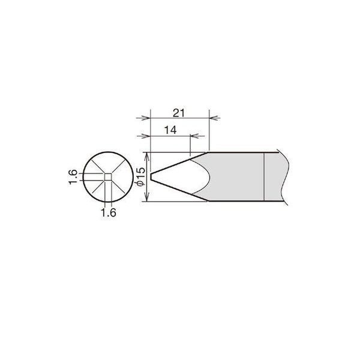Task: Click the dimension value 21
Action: [179, 113]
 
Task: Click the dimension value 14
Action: [170, 130]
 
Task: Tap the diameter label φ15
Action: [141, 176]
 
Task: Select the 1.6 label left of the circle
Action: [73, 177]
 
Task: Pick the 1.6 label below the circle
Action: [109, 213]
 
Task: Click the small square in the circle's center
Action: [108, 177]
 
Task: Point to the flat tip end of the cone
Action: [151, 176]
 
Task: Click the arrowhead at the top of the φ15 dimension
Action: [147, 157]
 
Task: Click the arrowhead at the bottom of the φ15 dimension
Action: [147, 197]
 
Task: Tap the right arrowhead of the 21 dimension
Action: [214, 118]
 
